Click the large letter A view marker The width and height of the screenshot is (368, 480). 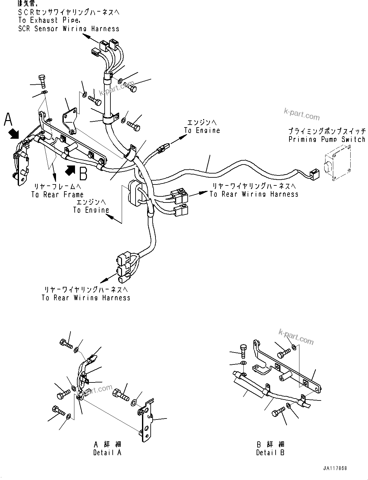coord(8,119)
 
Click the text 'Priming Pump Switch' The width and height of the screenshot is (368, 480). coord(327,139)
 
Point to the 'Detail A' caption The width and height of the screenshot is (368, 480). coord(107,452)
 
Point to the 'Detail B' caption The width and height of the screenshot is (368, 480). coord(270,452)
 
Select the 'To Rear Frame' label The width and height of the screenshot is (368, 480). coord(57,194)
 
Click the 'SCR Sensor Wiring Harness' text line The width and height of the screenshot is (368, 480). coord(69,29)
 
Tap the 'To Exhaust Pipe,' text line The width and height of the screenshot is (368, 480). coord(49,20)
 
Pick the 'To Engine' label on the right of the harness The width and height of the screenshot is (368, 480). coord(202,130)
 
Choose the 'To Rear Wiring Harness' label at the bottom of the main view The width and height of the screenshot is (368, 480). coord(86,298)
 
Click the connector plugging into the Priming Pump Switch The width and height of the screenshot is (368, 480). coord(313,174)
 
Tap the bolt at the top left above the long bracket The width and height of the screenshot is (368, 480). coord(42,81)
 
